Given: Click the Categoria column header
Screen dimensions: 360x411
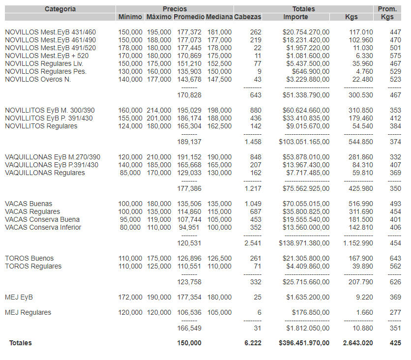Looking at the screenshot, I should (60, 9).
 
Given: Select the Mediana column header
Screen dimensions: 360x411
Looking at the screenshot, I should (219, 17).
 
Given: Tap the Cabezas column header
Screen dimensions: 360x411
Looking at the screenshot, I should (247, 17).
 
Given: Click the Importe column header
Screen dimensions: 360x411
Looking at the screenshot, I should (295, 17).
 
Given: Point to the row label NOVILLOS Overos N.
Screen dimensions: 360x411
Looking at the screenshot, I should (38, 80).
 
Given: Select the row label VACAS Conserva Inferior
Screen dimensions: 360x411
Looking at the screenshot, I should (43, 228).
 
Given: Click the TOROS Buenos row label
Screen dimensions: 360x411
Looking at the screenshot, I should (29, 259).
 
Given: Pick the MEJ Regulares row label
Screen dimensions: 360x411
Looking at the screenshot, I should (28, 313).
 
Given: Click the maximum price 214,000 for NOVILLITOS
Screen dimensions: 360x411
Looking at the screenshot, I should (159, 111).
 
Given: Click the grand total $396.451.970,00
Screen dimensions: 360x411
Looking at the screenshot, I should (304, 343).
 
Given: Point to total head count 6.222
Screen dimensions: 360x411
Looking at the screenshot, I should (253, 343).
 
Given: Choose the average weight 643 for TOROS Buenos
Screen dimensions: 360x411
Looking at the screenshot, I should (395, 259).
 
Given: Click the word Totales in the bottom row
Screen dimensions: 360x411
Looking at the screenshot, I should (21, 343).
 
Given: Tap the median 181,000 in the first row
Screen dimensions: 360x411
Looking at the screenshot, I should (219, 32).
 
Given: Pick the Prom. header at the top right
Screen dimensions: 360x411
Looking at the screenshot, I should (387, 9).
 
